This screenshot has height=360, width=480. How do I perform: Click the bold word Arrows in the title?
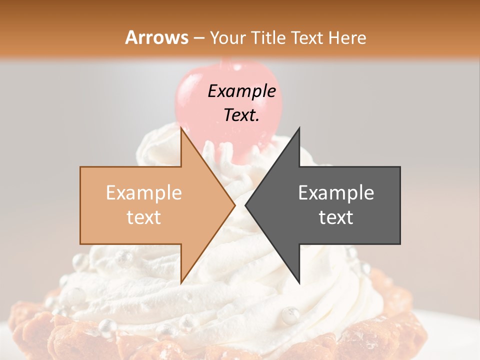pos(157,37)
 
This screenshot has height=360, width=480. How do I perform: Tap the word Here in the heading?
pos(347,37)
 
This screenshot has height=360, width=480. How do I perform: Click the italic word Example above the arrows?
pos(241,91)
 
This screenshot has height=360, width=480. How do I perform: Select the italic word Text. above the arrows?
pos(241,115)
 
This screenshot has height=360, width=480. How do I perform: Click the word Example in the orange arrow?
pos(144,192)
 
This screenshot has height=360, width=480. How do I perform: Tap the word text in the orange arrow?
pos(144,217)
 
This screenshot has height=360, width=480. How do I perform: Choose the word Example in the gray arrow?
pos(336,192)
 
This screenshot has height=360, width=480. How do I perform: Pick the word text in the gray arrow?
pos(336,217)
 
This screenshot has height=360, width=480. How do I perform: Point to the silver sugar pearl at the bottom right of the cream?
pos(290,315)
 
